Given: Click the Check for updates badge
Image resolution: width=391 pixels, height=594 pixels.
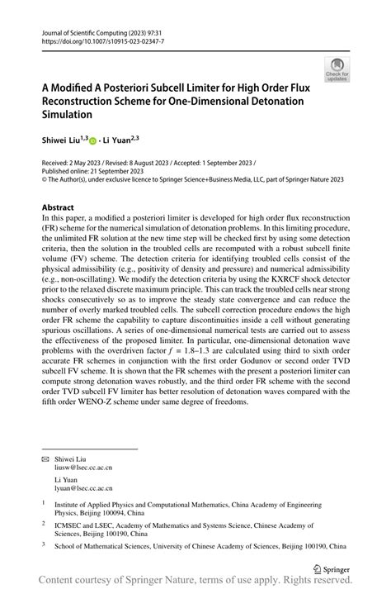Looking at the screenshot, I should pyautogui.click(x=337, y=70).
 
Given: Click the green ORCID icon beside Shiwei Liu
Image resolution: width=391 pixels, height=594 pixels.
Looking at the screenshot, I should pyautogui.click(x=93, y=140).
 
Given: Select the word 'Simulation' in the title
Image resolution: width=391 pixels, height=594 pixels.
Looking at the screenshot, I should pyautogui.click(x=68, y=116).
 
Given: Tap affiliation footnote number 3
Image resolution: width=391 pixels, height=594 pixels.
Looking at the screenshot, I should pyautogui.click(x=44, y=545).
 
